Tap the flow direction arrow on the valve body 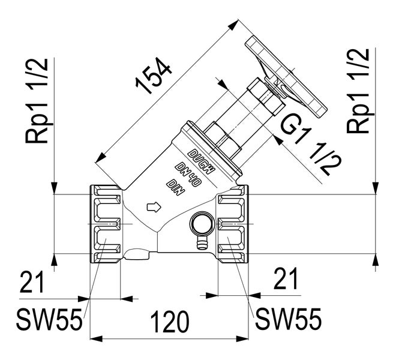coord(154,207)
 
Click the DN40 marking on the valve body coord(186,170)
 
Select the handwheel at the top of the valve coord(287,77)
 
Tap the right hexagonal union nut coord(232,224)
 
